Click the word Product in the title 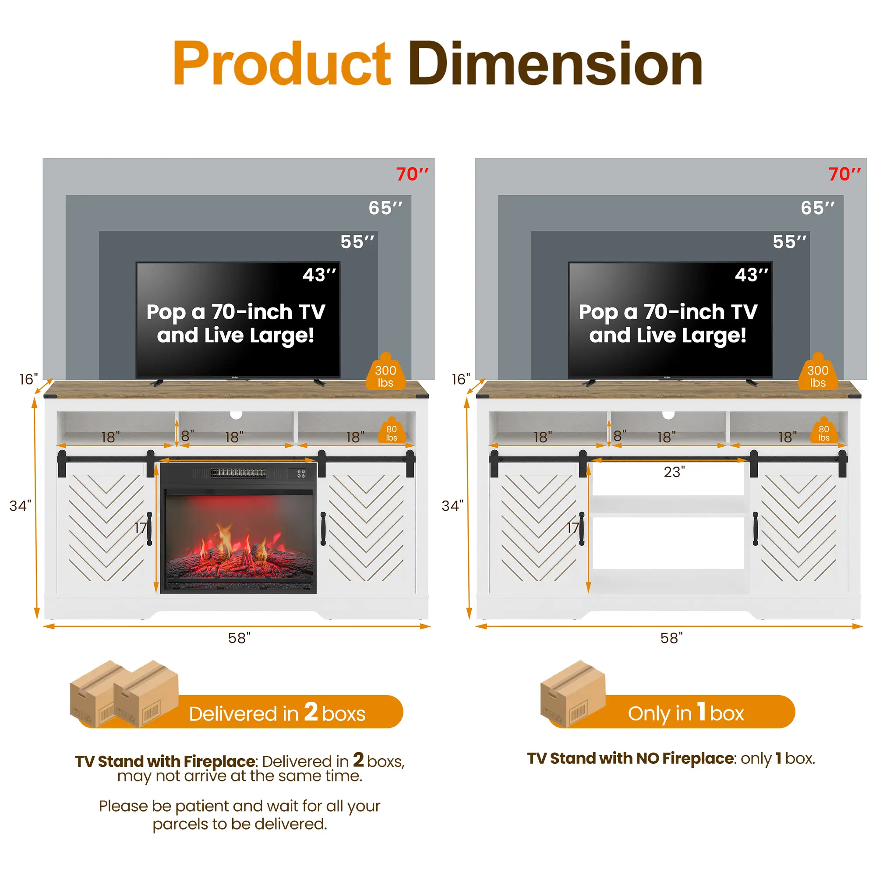click(282, 63)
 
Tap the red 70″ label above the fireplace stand click(412, 174)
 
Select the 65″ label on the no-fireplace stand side click(817, 208)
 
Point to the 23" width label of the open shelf click(674, 472)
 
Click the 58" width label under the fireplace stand click(239, 638)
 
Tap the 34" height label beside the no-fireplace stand click(452, 505)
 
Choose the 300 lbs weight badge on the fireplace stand click(385, 372)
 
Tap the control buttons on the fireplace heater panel click(301, 474)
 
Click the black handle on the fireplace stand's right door click(323, 528)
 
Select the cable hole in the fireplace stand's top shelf click(236, 414)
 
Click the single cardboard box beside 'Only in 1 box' click(572, 694)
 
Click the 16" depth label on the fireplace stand click(28, 379)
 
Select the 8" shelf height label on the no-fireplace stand click(620, 436)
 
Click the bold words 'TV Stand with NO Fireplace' click(631, 759)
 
